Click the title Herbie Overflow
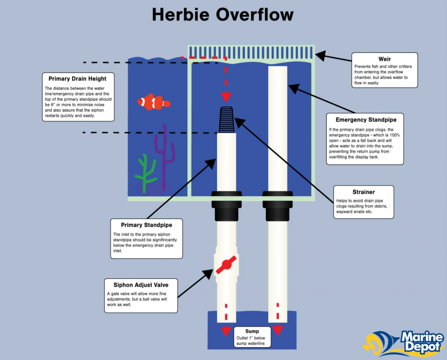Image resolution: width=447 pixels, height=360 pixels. coord(223,15)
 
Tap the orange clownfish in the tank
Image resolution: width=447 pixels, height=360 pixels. coord(154,102)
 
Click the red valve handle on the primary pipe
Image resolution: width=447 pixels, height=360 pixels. coord(226,265)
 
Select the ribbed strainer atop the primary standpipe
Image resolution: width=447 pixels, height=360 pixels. coord(226,120)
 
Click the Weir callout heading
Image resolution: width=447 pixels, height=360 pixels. coord(384,59)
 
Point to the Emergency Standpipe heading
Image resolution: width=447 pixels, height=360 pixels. coord(366,120)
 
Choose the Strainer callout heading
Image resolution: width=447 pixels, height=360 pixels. coord(364,192)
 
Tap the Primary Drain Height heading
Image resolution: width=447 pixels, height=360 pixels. coord(77,79)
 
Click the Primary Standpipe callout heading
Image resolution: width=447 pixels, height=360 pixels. coord(146,225)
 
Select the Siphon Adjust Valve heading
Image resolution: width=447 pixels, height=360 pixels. coord(141,285)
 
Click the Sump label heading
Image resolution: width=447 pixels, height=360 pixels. coord(252,331)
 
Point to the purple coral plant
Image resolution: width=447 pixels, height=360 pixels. coord(165,157)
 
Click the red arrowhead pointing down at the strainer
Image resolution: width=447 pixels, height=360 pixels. coord(226,97)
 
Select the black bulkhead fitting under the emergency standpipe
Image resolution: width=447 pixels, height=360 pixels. coord(278,206)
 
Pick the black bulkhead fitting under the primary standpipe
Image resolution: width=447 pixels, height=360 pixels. coord(226,206)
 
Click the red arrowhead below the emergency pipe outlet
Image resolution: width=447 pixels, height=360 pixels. coord(278,331)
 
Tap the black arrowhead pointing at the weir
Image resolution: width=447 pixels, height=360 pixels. coord(321,56)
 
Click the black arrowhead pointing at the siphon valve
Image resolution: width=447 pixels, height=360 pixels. coord(208,275)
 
